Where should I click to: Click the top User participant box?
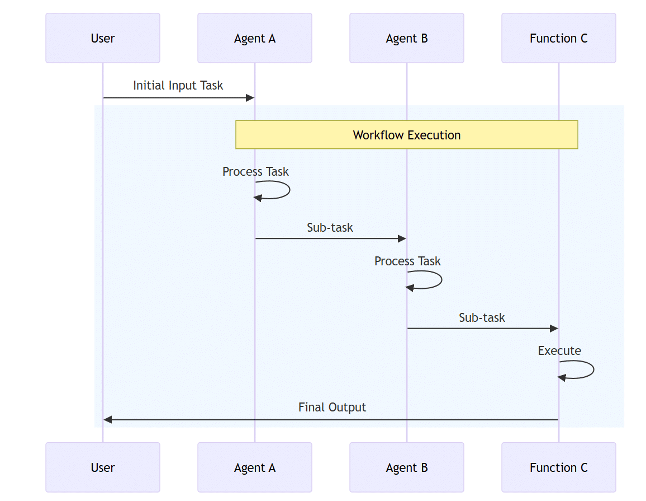coord(103,38)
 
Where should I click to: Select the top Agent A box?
coord(255,38)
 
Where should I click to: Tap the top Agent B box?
coord(407,38)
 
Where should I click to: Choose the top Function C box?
coord(559,38)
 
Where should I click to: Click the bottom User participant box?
coord(103,467)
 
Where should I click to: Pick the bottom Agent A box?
coord(255,467)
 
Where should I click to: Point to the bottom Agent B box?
coord(407,467)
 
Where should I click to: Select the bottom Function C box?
coord(559,467)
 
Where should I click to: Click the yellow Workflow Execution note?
coord(407,135)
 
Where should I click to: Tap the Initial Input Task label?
coord(178,86)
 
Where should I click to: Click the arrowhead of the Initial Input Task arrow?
coord(250,98)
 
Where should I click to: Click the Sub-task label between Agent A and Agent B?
coord(330,228)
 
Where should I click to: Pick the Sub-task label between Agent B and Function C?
coord(482,318)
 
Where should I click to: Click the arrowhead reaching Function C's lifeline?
coord(554,329)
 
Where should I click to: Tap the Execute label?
coord(559,351)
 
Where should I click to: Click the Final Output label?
coord(332,408)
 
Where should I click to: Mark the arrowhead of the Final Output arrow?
coord(108,420)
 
